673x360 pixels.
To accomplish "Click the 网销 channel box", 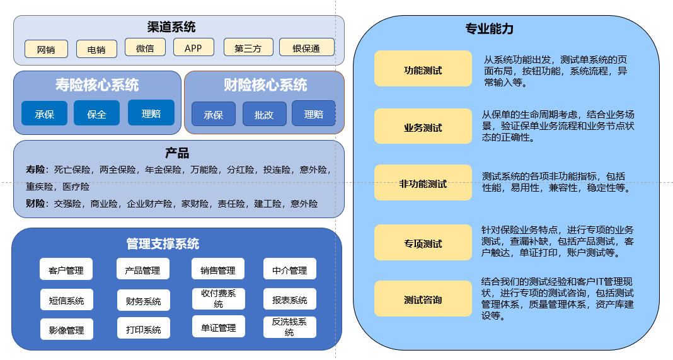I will pos(46,49).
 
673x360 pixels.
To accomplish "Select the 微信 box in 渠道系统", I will pos(145,47).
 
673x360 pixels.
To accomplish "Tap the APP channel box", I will pos(193,47).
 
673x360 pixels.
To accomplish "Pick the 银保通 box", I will pos(307,48).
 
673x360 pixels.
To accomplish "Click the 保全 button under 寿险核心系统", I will pos(96,113).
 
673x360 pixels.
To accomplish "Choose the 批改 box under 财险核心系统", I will pos(264,114).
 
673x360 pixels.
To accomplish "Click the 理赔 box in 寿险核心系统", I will pos(151,113).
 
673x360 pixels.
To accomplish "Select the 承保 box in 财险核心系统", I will pos(214,114).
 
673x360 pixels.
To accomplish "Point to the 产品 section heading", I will pos(177,153).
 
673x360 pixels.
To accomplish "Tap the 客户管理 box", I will pos(66,270).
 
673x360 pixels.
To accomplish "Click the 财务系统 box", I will pos(143,300).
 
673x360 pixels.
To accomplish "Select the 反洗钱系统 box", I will pos(289,327).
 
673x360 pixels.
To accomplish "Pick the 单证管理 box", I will pos(218,327).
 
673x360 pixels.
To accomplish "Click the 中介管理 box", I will pos(289,269).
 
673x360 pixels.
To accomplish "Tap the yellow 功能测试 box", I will pos(423,69).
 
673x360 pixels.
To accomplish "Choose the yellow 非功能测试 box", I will pos(423,183).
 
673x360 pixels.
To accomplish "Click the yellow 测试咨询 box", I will pos(423,299).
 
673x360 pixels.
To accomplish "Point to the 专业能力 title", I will pos(490,29).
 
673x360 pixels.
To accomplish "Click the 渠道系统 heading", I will pos(171,26).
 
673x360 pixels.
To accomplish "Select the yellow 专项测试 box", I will pos(423,243).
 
